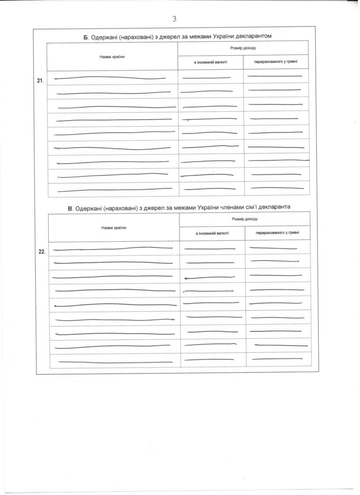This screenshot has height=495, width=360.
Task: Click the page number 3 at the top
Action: pyautogui.click(x=174, y=19)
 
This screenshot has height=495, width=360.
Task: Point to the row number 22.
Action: pyautogui.click(x=42, y=251)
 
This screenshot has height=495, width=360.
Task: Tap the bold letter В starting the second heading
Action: pyautogui.click(x=70, y=207)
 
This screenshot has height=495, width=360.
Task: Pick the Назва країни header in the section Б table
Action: pyautogui.click(x=112, y=56)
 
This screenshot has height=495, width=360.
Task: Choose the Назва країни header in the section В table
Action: pyautogui.click(x=114, y=228)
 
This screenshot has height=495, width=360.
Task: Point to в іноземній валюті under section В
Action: pyautogui.click(x=212, y=233)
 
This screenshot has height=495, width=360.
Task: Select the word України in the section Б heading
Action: pyautogui.click(x=210, y=35)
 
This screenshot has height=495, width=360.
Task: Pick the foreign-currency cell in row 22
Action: pyautogui.click(x=212, y=248)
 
